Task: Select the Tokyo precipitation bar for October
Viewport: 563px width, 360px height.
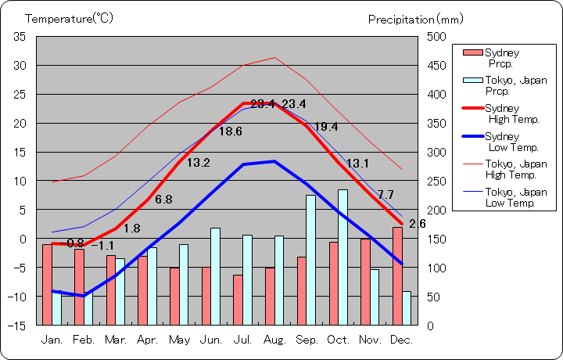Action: click(342, 257)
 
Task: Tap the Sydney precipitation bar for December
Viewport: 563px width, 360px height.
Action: click(397, 275)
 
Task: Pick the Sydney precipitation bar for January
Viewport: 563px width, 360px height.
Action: click(47, 284)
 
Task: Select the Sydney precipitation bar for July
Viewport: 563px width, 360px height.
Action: click(237, 299)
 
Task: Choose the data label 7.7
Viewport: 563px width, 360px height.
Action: click(385, 194)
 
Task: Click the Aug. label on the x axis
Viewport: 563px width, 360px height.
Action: click(275, 340)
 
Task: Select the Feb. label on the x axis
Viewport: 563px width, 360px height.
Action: click(84, 340)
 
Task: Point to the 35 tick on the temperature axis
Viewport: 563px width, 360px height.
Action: click(20, 37)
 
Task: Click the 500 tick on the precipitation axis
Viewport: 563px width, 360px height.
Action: click(436, 37)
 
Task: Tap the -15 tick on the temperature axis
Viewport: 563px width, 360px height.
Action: click(19, 325)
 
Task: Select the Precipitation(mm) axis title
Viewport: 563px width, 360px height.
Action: click(415, 18)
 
